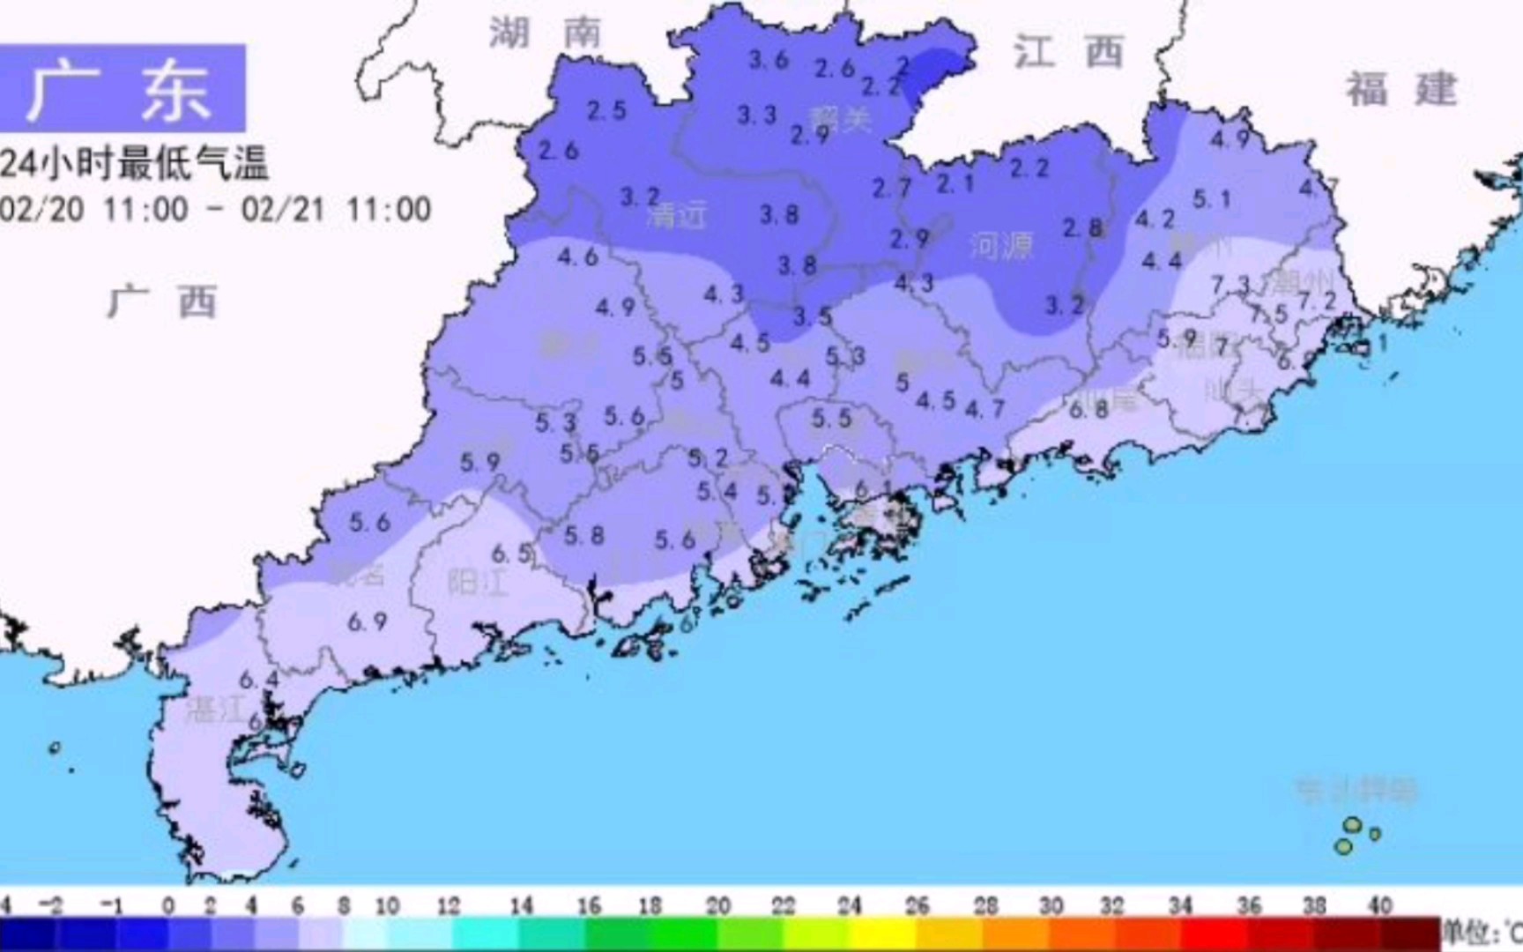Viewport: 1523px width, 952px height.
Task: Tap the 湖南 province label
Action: point(546,33)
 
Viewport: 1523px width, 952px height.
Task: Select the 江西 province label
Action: point(1067,52)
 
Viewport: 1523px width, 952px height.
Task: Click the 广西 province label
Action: point(162,302)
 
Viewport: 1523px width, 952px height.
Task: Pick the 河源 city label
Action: point(1000,246)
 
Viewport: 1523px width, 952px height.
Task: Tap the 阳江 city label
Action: point(477,583)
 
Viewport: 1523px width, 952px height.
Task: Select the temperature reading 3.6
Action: point(768,60)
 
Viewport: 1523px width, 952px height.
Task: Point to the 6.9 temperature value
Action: point(367,621)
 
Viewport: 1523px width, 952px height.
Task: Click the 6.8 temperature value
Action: point(1088,408)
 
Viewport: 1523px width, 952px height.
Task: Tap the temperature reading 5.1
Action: point(1211,200)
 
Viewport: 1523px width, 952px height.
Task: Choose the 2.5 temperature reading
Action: point(606,110)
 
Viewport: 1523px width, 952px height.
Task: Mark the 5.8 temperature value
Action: point(583,535)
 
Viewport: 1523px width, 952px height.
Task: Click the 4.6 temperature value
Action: point(577,257)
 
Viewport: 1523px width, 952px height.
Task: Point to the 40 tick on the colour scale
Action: point(1379,905)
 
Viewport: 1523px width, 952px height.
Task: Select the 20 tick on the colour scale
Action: point(717,905)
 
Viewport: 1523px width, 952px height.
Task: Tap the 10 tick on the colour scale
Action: point(387,905)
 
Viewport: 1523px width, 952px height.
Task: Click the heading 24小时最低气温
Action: point(134,163)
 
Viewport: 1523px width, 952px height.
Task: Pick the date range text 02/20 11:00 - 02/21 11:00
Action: point(215,210)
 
